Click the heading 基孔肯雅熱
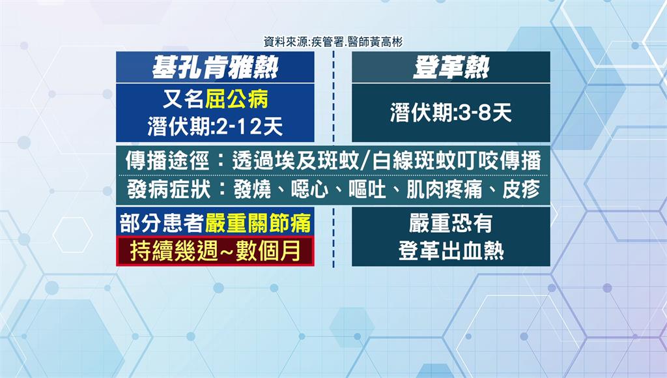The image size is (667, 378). [x=215, y=67]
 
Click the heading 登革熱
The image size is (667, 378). [x=451, y=67]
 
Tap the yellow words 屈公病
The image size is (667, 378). [x=236, y=99]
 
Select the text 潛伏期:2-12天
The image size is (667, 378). [x=215, y=127]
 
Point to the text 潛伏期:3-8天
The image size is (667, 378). [x=451, y=113]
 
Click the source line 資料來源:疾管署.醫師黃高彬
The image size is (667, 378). [x=333, y=42]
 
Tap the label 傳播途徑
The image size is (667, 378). [x=167, y=161]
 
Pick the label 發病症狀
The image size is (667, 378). [x=169, y=190]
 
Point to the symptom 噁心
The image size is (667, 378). [x=309, y=190]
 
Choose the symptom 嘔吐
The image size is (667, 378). [x=367, y=190]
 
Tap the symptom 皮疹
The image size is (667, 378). [x=521, y=190]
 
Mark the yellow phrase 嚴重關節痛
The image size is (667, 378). [x=258, y=223]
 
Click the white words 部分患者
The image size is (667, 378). [x=162, y=223]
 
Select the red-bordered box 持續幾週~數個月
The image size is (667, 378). [x=215, y=251]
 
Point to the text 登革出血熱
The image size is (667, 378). [x=451, y=251]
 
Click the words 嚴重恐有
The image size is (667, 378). [x=451, y=223]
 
